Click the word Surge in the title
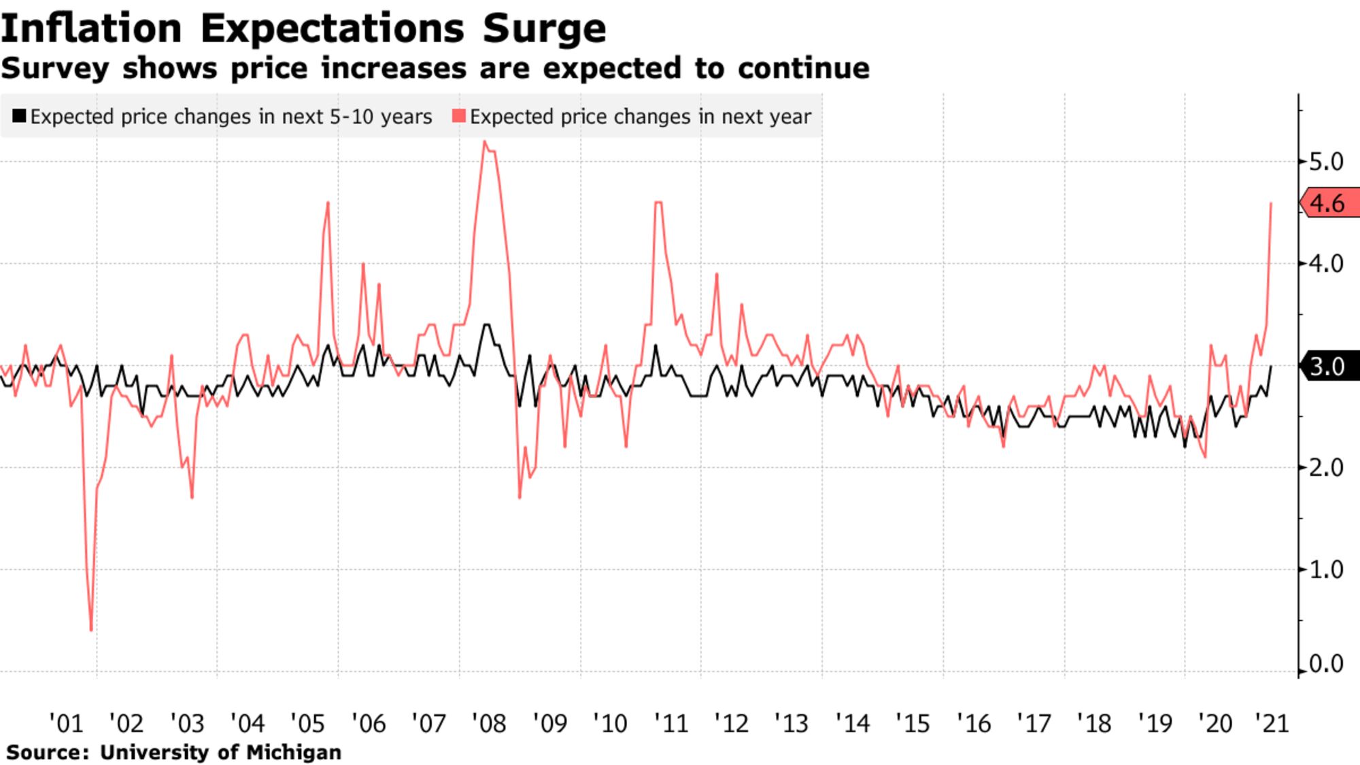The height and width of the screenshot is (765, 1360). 544,29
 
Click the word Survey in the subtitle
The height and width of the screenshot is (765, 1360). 55,69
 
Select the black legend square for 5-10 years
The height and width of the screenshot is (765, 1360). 19,116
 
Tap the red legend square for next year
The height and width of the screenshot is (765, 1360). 459,116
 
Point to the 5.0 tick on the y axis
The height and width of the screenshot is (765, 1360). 1326,162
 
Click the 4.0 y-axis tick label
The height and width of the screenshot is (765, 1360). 1326,264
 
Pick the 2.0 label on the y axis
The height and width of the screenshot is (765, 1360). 1326,468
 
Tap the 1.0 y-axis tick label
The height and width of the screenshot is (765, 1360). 1326,570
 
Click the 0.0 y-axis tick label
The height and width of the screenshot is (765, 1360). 1326,664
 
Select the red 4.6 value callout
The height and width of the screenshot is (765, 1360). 1327,203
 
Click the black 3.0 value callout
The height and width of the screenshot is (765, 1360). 1327,367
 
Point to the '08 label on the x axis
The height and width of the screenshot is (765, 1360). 489,724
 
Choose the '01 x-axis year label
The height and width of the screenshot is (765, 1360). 66,724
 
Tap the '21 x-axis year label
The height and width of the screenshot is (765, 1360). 1272,724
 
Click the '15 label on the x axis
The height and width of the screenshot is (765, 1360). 913,724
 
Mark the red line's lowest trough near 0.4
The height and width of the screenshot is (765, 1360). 91,630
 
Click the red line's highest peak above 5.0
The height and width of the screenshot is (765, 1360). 484,141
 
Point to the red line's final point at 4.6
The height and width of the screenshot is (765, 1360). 1271,203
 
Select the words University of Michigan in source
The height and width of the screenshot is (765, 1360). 220,753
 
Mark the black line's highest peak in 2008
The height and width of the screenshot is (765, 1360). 486,324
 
